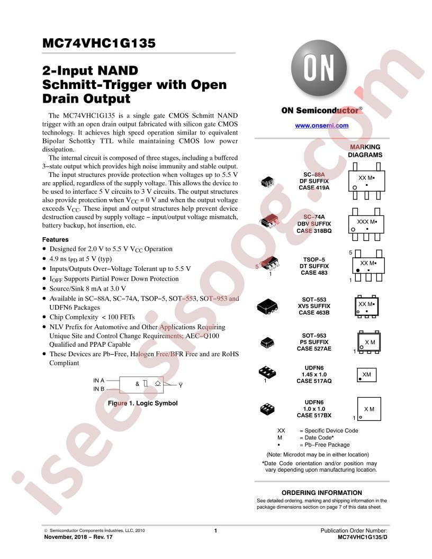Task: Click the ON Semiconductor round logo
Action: coord(319,68)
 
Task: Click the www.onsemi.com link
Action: coord(321,125)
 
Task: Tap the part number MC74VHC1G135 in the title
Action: coord(98,43)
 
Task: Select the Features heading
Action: coord(55,240)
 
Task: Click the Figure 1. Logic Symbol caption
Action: coord(142,403)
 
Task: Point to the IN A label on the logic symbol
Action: coord(98,381)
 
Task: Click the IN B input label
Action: coord(98,389)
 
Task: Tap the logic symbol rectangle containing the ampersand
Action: coord(141,385)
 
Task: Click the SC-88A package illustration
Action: coord(267,182)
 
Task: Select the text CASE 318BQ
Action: coord(314,231)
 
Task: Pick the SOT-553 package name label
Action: coord(314,300)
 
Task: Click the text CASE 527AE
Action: coord(314,348)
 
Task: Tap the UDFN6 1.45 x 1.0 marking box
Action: coord(366,375)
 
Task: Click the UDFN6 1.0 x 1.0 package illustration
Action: coord(267,409)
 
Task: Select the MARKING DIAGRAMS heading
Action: coord(365,151)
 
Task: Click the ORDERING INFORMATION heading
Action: coord(321,493)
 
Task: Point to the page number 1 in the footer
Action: coord(215,530)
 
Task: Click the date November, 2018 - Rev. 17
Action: coord(78,537)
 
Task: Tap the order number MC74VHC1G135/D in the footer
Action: coord(362,537)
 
